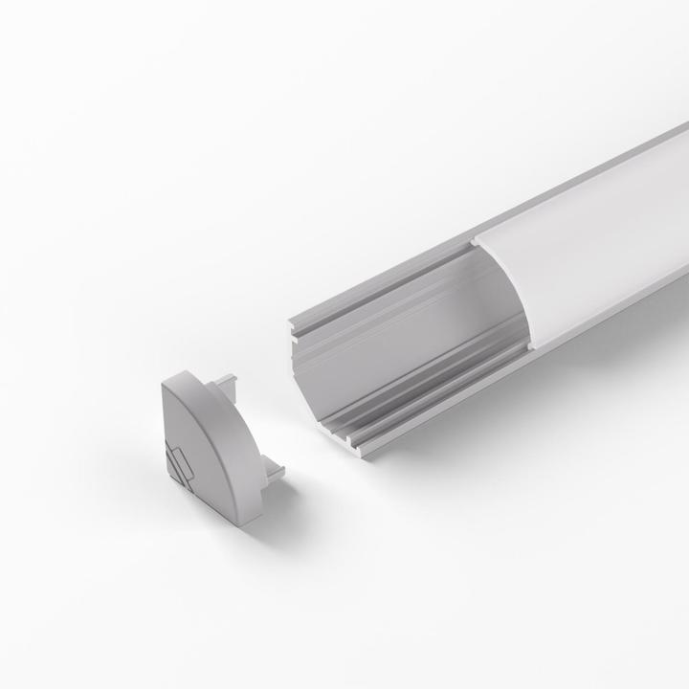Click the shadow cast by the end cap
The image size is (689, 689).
[287, 507]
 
